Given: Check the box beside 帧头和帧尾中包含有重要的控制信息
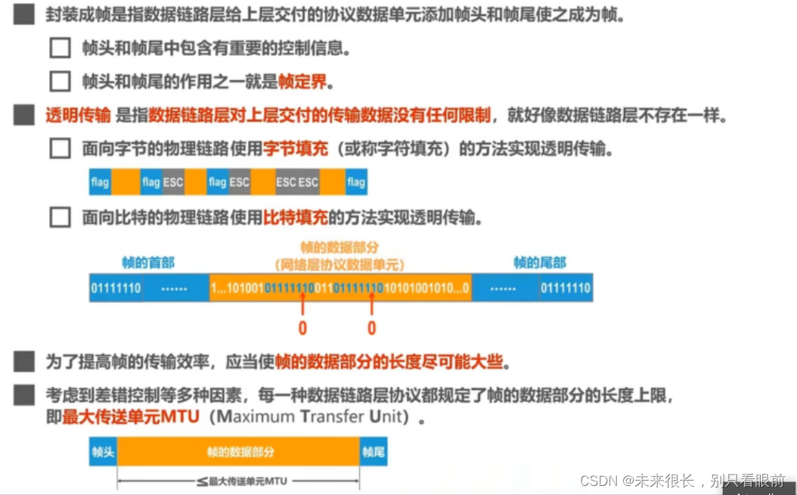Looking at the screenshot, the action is (60, 48).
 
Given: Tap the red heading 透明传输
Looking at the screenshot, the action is (78, 116).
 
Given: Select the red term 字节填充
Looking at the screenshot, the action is (295, 149).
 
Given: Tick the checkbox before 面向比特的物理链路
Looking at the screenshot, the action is (60, 218).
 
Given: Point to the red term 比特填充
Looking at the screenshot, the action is (295, 218).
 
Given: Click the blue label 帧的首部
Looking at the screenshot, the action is (148, 263).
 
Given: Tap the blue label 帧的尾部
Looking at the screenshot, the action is (539, 263).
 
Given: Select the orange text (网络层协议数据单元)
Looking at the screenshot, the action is (339, 264).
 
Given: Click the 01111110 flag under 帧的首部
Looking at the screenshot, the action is (116, 288).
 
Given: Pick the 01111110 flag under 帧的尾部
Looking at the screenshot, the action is (565, 288).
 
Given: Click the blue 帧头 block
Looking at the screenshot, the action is (103, 453).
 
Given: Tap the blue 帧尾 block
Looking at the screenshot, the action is (374, 453).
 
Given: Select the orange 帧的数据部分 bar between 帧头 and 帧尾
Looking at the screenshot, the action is (239, 453).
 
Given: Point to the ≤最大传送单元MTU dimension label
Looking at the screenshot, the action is (239, 480).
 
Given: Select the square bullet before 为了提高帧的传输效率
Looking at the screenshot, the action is (24, 362).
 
